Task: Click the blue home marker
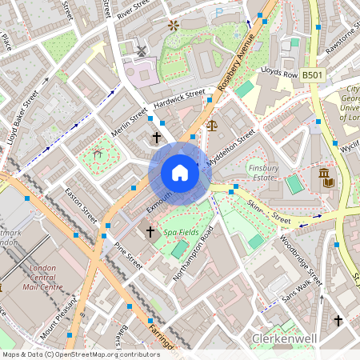180,172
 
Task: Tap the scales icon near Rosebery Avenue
211,125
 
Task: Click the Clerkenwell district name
286,339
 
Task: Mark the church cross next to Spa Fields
150,232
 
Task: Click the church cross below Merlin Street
157,138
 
